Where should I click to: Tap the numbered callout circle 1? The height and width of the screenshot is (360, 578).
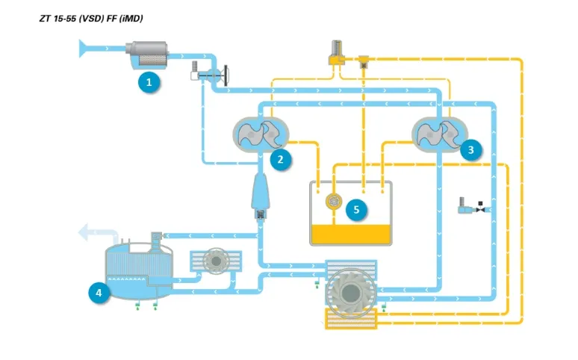149,82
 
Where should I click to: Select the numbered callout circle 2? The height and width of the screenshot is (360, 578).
280,158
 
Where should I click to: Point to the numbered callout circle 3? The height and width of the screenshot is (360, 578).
470,150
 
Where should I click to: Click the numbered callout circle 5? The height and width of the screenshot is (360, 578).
356,209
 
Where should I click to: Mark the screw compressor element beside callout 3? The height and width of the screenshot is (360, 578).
439,134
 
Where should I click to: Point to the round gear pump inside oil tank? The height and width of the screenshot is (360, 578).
333,201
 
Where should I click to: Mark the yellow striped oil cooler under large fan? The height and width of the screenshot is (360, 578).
351,320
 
